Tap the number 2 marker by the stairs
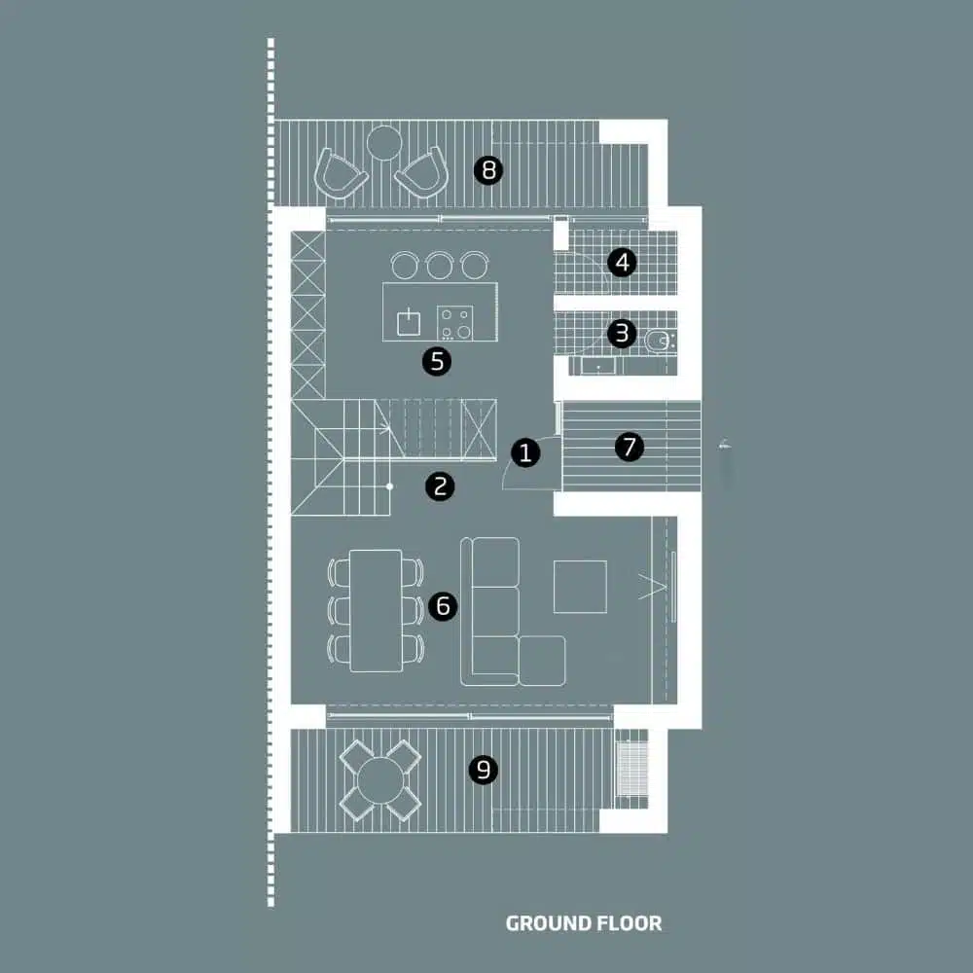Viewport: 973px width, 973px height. point(440,486)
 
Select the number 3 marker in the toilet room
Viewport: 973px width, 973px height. point(621,334)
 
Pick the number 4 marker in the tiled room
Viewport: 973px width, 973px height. point(622,262)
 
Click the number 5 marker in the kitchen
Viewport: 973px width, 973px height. point(436,362)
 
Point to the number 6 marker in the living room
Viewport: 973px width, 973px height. point(442,606)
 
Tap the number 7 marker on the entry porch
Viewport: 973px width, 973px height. point(629,448)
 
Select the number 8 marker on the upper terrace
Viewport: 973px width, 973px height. point(488,171)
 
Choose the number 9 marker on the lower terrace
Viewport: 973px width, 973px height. point(484,770)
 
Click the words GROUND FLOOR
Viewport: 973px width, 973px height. point(584,922)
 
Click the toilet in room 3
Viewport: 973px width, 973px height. point(659,340)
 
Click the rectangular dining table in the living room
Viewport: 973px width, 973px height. point(376,610)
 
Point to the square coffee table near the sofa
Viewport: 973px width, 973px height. point(580,587)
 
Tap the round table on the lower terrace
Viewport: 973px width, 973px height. point(380,778)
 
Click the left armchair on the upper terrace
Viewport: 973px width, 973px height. point(341,173)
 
